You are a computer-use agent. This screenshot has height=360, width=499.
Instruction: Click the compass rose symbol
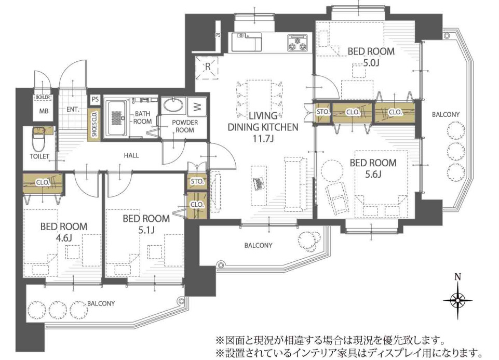click(x=457, y=300)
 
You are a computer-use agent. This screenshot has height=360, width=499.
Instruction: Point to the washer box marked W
click(x=196, y=107)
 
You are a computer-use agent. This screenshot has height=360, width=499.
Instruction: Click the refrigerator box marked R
click(x=206, y=67)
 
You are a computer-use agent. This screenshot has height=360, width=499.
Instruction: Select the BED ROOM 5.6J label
click(x=372, y=168)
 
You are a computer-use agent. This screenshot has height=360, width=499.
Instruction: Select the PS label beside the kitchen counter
click(x=218, y=36)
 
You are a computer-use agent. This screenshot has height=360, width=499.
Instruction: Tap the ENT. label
click(x=73, y=110)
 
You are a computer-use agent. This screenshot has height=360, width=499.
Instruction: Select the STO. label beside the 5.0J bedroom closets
click(x=322, y=112)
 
